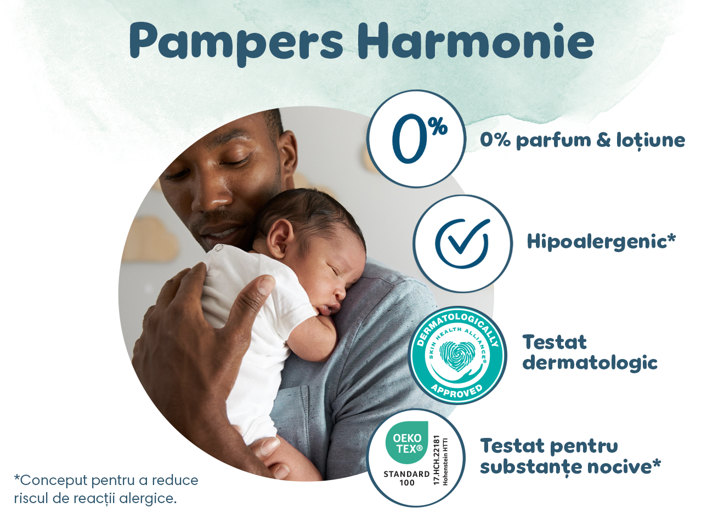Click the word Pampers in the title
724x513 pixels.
237,42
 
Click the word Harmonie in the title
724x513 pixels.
476,41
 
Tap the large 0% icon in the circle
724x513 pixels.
417,139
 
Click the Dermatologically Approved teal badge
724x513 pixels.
457,355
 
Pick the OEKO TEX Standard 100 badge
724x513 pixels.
415,458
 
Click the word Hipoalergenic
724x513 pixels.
597,241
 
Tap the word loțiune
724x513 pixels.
651,140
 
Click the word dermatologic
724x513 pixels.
590,363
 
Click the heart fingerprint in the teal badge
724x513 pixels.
456,355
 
